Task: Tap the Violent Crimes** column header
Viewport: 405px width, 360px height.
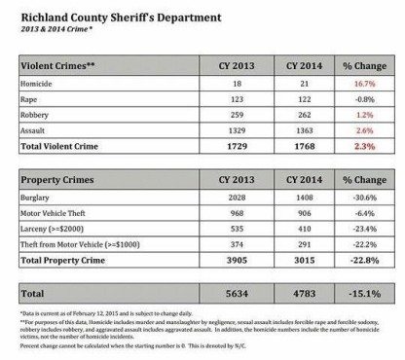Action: click(57, 66)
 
